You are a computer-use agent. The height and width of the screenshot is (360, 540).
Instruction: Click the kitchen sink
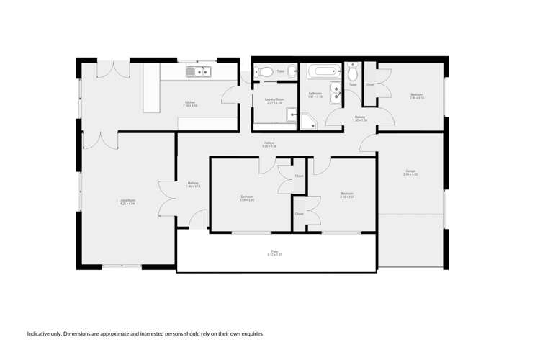point(197,71)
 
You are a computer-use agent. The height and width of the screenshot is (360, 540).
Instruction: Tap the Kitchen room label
point(190,104)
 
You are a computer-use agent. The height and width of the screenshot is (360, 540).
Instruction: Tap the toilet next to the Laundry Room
point(264,71)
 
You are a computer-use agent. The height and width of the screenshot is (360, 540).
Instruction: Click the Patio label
point(275,253)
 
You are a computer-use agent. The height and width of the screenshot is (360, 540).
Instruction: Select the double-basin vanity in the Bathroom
point(336,91)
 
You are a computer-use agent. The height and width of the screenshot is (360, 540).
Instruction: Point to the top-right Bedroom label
point(417,96)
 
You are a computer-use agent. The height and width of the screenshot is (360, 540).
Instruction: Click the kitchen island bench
point(150,88)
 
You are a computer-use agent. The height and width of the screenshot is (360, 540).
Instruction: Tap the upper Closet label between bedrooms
point(299,176)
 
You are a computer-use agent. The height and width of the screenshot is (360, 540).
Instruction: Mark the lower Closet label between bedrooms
point(299,214)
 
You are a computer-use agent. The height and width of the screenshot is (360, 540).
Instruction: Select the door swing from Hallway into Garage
point(368,143)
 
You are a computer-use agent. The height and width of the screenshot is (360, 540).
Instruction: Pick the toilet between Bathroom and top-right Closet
point(353,73)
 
